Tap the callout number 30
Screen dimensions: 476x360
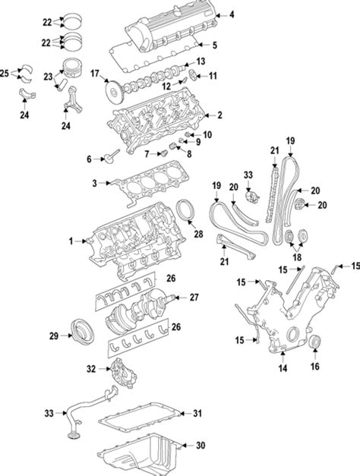(201, 446)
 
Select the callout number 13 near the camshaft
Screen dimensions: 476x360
(201, 61)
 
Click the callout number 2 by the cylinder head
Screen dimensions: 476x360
(219, 115)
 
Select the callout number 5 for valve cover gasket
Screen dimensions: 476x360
(214, 44)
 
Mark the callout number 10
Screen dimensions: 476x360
(207, 134)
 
